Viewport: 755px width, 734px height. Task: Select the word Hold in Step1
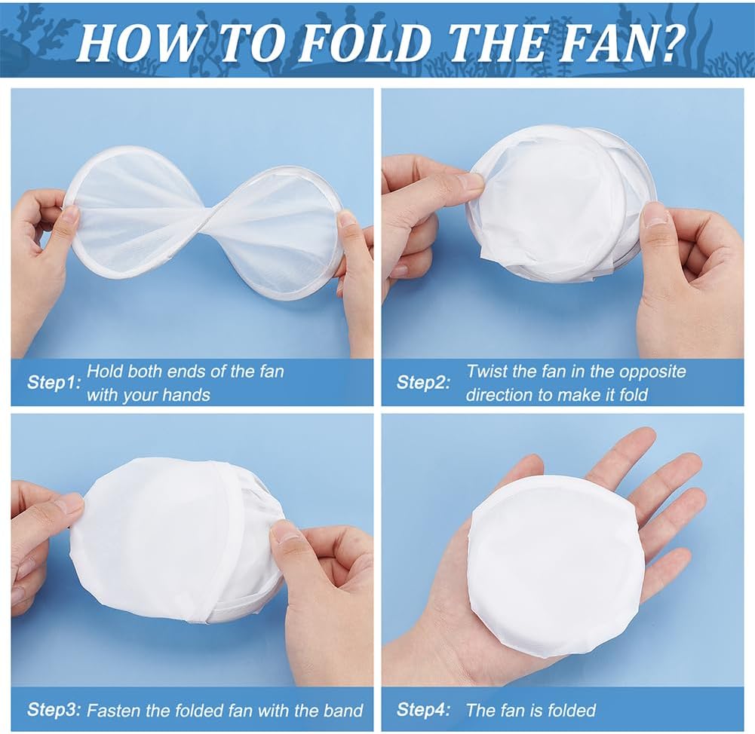[x=103, y=371]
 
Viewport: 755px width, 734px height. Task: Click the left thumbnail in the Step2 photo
[x=470, y=181]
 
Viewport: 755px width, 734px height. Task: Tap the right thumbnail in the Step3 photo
[x=286, y=531]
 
